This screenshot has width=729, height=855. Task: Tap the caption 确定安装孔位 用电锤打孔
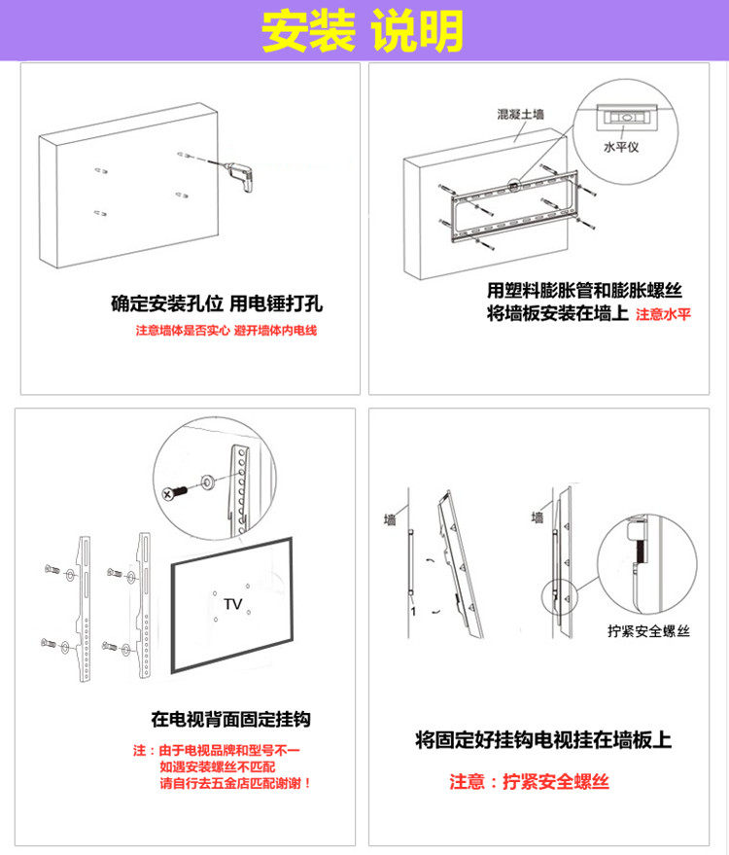[216, 303]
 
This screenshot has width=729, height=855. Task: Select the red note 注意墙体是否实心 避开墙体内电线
[226, 331]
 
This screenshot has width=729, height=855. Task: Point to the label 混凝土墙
[520, 115]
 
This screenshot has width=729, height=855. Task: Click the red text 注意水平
[663, 315]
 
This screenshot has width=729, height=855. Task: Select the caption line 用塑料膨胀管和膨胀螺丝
[584, 290]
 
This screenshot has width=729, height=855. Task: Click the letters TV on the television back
[232, 604]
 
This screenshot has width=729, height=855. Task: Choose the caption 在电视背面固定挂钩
[230, 720]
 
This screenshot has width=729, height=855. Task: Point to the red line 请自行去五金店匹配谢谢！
[236, 782]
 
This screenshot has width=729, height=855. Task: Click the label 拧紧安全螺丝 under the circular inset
[647, 630]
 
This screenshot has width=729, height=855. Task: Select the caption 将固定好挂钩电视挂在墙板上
[542, 739]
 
